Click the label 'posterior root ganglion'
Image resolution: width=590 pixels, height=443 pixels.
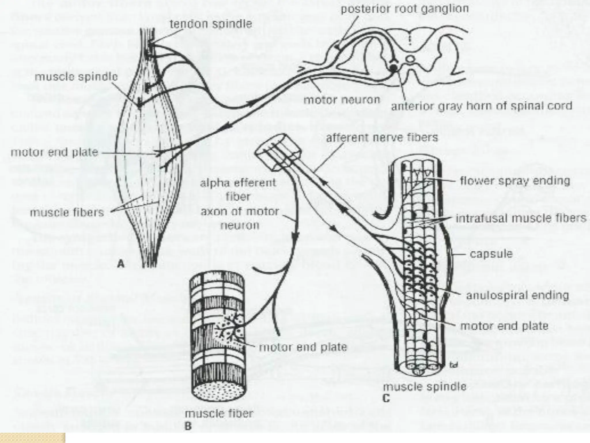coord(404,9)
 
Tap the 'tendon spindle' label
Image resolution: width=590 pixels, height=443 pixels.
coord(211,24)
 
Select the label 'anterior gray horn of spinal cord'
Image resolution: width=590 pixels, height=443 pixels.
coord(481,106)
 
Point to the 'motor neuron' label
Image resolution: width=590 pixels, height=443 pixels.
coord(342,100)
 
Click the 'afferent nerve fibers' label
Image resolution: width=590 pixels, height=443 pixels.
coord(382,138)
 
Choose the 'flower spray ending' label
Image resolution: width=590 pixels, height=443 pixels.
coord(515,181)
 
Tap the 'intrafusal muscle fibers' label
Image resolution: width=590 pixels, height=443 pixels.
coord(521,218)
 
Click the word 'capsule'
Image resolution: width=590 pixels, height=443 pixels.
coord(491,254)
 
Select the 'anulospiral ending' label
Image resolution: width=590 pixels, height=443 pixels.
coord(517,295)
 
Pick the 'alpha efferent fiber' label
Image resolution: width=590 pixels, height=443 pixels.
coord(238,189)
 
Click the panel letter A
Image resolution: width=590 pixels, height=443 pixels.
coord(121,264)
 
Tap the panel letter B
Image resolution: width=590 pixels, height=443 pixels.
coord(188,426)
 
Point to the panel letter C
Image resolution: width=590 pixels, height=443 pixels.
coord(386,398)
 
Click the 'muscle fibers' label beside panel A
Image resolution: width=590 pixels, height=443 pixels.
coord(67,213)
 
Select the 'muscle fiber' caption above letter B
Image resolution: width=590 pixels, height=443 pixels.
coord(219,414)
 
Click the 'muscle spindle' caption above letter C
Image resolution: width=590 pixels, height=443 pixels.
coord(425,386)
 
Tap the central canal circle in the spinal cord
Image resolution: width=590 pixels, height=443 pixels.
coord(410,59)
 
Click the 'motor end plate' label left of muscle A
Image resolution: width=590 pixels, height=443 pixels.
coord(54,152)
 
